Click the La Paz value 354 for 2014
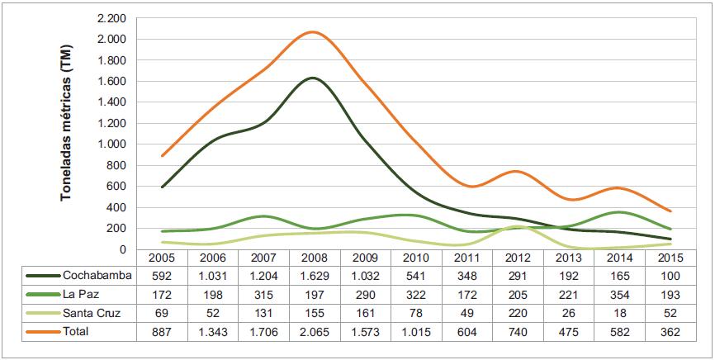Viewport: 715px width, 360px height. (x=623, y=293)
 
